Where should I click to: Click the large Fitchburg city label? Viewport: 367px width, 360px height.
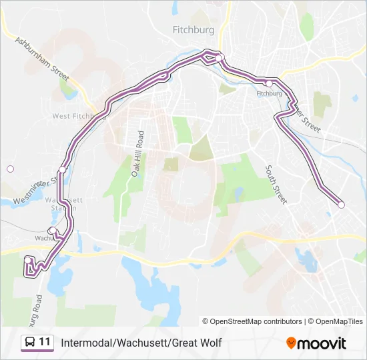(x=193, y=30)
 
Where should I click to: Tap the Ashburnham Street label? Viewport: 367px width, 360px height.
(x=42, y=59)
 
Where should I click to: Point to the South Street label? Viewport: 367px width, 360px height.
(x=276, y=184)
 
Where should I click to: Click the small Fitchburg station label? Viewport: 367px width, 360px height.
(x=269, y=93)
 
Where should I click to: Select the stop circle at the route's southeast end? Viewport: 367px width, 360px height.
(x=341, y=205)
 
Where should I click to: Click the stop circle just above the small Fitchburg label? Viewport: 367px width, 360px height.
(x=268, y=83)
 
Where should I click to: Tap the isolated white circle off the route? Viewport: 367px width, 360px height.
(x=10, y=169)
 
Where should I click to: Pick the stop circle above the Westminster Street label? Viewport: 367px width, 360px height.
(x=62, y=170)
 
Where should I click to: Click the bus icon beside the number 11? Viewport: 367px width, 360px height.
(x=29, y=343)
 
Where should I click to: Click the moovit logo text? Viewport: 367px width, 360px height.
(x=322, y=343)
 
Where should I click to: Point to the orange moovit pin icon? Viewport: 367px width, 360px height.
(x=292, y=343)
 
